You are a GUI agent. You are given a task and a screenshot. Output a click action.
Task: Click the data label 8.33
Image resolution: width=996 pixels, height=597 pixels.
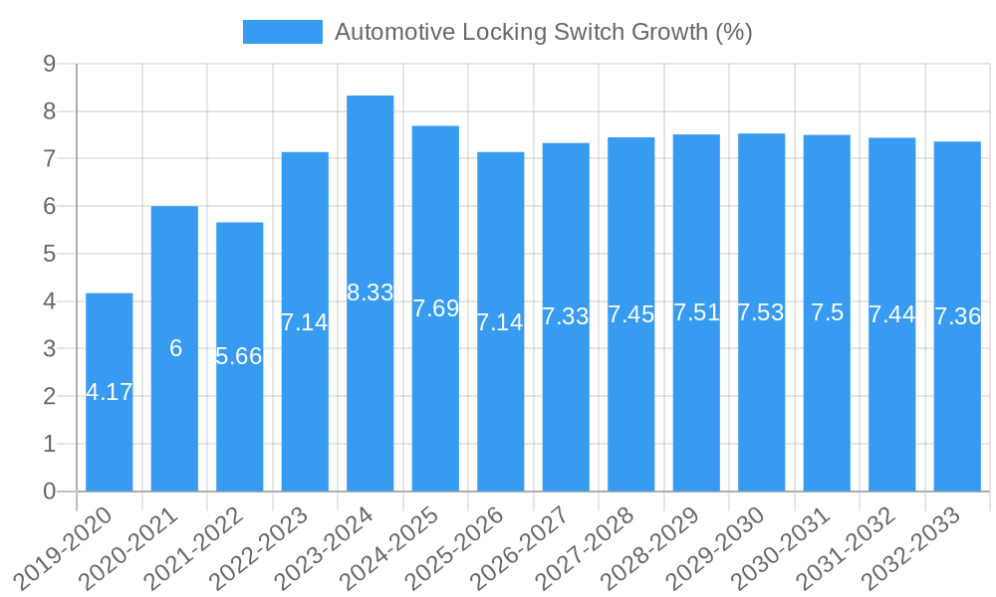click(371, 293)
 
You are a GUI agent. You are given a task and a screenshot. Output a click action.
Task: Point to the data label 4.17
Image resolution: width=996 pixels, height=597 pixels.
click(110, 392)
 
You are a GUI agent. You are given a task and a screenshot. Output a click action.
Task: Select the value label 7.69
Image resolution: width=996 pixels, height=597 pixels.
click(435, 308)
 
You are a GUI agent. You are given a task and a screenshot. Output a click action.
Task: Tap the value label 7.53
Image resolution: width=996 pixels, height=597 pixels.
click(761, 312)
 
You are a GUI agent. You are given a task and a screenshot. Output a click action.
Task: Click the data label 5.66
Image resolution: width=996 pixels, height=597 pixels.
click(239, 356)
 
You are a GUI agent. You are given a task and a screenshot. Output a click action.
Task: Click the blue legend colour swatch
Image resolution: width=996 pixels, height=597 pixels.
click(283, 32)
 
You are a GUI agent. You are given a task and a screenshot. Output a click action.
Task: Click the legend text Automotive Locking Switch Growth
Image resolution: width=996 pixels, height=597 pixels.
click(543, 32)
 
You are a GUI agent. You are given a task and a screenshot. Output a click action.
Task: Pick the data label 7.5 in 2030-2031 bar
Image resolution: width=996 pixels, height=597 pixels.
click(827, 312)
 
